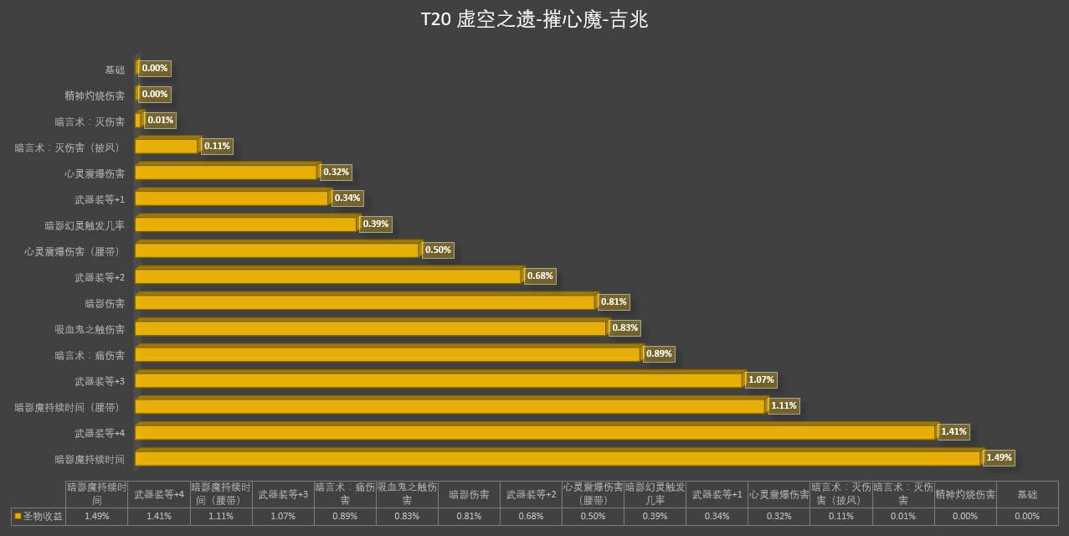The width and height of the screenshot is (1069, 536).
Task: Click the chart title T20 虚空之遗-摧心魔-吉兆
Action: [x=534, y=20]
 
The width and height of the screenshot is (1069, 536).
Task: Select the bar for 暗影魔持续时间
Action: [x=557, y=459]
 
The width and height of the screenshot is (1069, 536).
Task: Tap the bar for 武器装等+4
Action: [x=534, y=433]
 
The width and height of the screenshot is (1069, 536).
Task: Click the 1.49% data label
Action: [x=1000, y=457]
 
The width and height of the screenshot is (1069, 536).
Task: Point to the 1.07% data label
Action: [x=761, y=379]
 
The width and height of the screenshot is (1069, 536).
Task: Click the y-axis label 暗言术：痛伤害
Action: [x=90, y=355]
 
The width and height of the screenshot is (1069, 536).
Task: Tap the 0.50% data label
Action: [x=438, y=250]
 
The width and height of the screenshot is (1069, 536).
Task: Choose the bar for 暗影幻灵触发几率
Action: [x=245, y=225]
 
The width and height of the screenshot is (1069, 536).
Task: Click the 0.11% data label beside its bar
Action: [x=217, y=146]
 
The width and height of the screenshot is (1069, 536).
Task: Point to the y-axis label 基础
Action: [x=115, y=70]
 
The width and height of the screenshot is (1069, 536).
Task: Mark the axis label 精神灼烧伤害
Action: [x=95, y=95]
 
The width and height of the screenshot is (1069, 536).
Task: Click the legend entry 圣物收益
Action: [x=38, y=516]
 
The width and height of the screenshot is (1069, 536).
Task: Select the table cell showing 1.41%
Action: [x=159, y=516]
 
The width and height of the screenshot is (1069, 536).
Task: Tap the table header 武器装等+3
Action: [x=283, y=494]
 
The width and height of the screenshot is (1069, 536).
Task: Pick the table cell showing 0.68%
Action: [x=531, y=516]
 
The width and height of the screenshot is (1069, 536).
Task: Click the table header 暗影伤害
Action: [x=469, y=494]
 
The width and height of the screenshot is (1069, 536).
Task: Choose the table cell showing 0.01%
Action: [x=902, y=516]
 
